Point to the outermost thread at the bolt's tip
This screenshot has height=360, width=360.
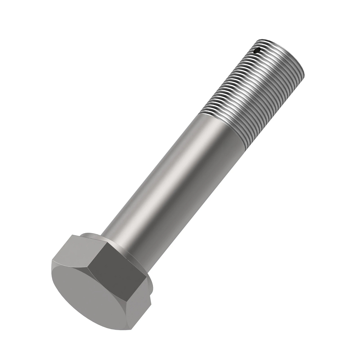282,45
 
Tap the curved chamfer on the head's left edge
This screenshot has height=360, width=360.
54,276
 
